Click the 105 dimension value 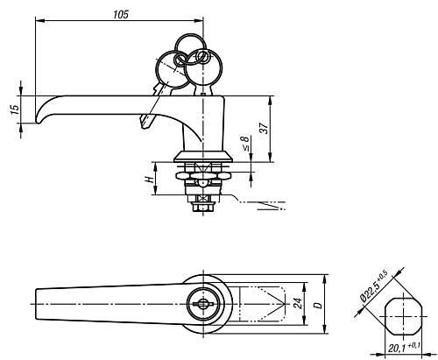click(x=121, y=14)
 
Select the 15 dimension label click(x=15, y=109)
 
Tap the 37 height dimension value click(x=264, y=128)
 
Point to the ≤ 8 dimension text click(x=246, y=143)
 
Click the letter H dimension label click(x=150, y=179)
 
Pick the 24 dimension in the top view click(x=298, y=304)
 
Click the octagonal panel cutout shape click(x=404, y=316)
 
